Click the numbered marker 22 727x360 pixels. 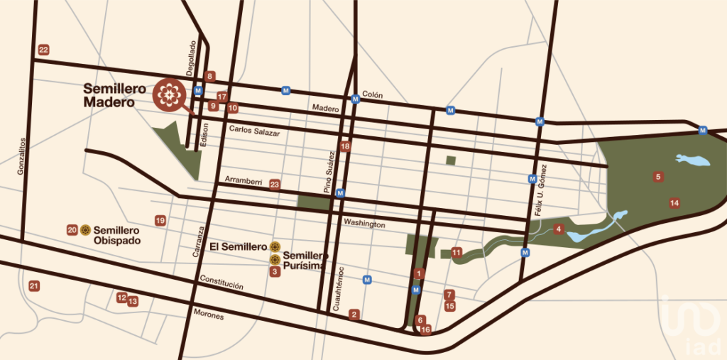coord(44,50)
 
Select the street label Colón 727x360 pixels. coord(372,94)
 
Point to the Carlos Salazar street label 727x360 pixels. coord(254,132)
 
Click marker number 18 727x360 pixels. coord(346,147)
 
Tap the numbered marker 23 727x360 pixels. coord(275,185)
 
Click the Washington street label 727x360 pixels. coord(364,224)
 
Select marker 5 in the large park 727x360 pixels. coord(658,177)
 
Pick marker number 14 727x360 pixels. coord(674,203)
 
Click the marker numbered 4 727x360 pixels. coord(559,229)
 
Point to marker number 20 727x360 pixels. coord(72,230)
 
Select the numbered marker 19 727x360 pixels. coord(160,221)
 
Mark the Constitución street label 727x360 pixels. coord(222,283)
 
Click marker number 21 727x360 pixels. coord(33,285)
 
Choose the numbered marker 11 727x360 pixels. coord(457,251)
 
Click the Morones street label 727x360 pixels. coord(208,315)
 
